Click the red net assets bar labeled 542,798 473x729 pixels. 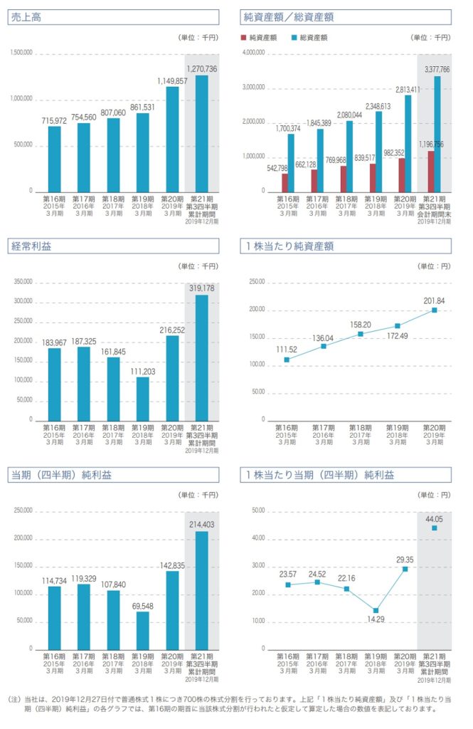pyautogui.click(x=285, y=182)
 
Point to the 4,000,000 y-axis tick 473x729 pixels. pyautogui.click(x=254, y=53)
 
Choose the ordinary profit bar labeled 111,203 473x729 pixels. pyautogui.click(x=143, y=398)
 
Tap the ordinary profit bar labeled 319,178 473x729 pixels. pyautogui.click(x=202, y=357)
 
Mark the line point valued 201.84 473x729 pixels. pyautogui.click(x=434, y=310)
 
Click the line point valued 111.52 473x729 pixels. pyautogui.click(x=287, y=360)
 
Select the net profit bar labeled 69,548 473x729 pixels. pyautogui.click(x=143, y=630)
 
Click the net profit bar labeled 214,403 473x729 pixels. pyautogui.click(x=202, y=590)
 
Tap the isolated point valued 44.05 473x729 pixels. pyautogui.click(x=434, y=528)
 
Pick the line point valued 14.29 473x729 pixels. pyautogui.click(x=375, y=610)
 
